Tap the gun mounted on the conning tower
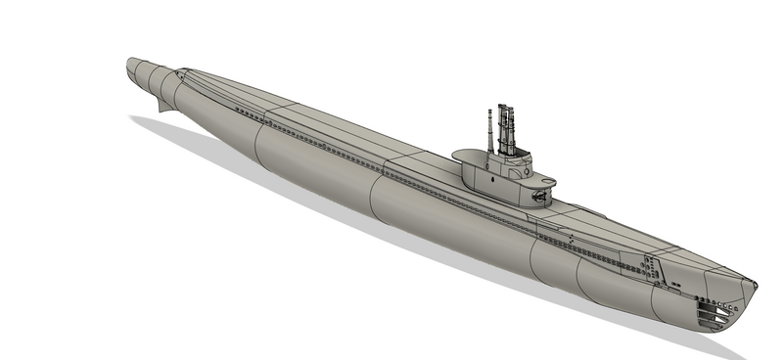pyautogui.click(x=539, y=194)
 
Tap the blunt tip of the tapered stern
pyautogui.click(x=129, y=66)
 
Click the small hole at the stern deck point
pyautogui.click(x=179, y=69)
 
